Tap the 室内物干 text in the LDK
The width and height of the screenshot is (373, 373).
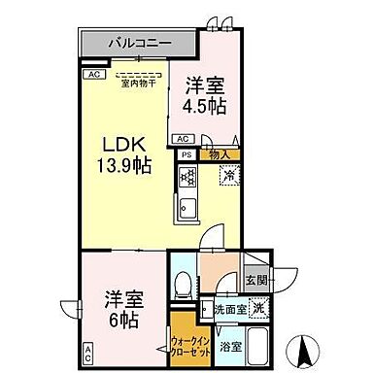point(140,83)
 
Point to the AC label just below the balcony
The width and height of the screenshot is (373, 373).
point(93,74)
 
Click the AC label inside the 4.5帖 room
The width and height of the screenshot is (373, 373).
point(182,138)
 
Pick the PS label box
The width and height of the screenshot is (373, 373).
point(185,153)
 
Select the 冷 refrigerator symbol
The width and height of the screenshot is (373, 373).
point(227,177)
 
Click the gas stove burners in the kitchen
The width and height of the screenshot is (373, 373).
point(187,178)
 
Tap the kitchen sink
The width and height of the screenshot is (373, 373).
point(186,207)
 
